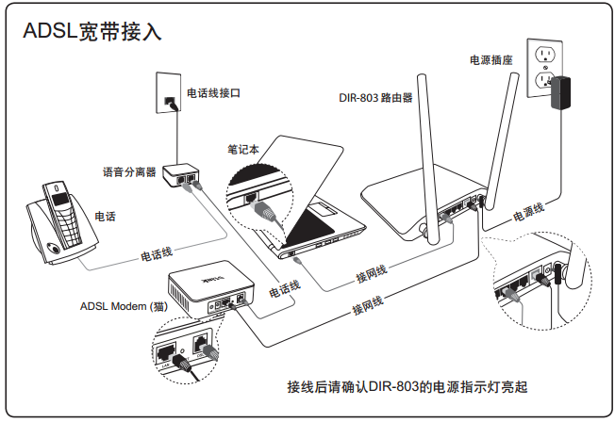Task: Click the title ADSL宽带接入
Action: [91, 32]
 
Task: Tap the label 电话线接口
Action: [214, 93]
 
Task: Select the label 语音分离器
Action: [129, 172]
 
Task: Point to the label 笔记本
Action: [243, 149]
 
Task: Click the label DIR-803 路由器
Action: [375, 97]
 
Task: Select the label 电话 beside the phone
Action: [106, 217]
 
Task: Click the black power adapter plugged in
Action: [568, 93]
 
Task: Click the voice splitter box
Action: [182, 175]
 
